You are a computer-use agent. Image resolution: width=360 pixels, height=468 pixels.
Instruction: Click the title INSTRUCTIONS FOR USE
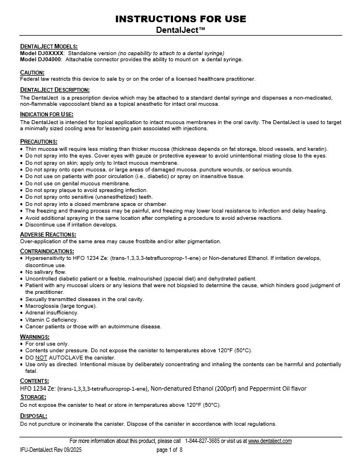pyautogui.click(x=181, y=19)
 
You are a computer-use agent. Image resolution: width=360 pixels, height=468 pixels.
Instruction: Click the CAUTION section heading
pyautogui.click(x=32, y=72)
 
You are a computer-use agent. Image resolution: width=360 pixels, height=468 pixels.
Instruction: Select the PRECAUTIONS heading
pyautogui.click(x=38, y=141)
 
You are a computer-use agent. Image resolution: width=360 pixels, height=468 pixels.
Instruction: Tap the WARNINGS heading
pyautogui.click(x=35, y=337)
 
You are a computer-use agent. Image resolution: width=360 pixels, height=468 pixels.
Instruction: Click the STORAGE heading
pyautogui.click(x=34, y=397)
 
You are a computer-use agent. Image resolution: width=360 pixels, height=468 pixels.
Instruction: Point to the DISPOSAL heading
pyautogui.click(x=34, y=416)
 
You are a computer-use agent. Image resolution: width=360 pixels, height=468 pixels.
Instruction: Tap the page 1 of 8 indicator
pyautogui.click(x=170, y=450)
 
